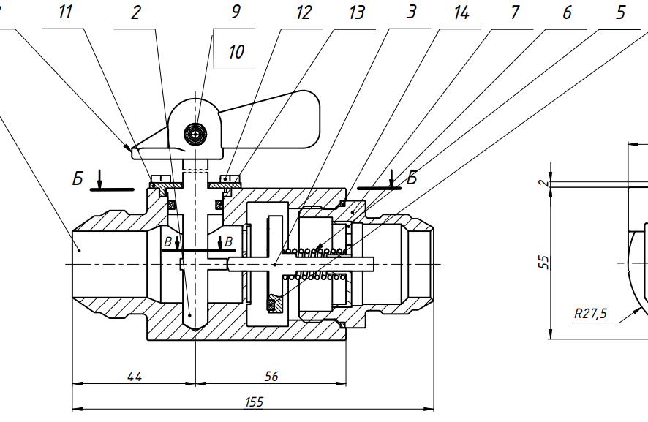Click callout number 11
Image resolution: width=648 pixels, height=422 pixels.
click(x=66, y=13)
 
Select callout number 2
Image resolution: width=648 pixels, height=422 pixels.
click(x=136, y=13)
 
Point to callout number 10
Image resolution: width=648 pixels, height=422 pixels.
click(x=236, y=52)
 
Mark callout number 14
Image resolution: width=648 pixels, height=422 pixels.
click(x=461, y=13)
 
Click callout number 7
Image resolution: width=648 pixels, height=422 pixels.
click(x=516, y=13)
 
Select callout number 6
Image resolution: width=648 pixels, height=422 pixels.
click(x=567, y=13)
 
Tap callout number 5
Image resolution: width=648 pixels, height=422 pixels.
click(x=620, y=13)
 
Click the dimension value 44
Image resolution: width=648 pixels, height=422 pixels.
click(x=134, y=376)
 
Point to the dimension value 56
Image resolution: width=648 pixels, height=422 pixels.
click(x=271, y=376)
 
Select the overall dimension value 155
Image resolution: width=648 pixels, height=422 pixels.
click(x=254, y=402)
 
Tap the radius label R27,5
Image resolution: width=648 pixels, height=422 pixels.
click(x=590, y=314)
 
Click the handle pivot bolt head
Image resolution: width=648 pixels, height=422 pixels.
click(x=196, y=133)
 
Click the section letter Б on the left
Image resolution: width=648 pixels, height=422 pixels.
click(x=77, y=178)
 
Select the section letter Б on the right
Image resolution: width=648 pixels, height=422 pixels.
click(x=411, y=178)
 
